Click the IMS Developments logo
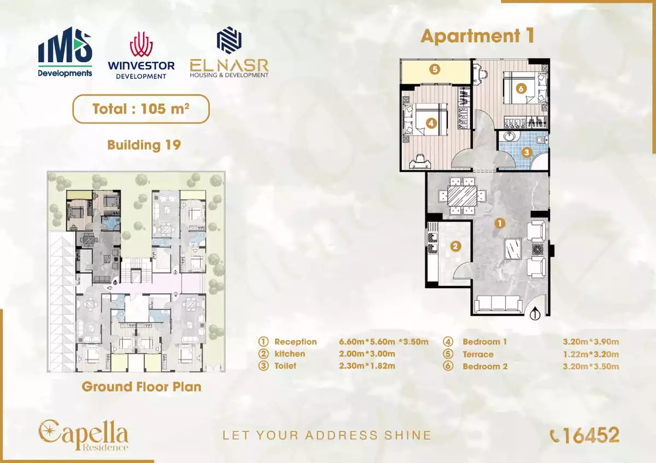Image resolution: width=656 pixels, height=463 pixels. (x=65, y=52)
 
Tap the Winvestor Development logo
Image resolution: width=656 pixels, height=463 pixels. (x=141, y=56)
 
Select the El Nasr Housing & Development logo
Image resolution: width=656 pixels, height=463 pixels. (x=229, y=52)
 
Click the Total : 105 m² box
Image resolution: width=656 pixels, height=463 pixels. (x=141, y=109)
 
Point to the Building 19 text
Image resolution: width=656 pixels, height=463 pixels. (x=144, y=145)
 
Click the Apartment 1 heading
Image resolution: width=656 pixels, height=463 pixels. (x=478, y=36)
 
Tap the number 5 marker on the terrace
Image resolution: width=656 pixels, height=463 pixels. (x=435, y=69)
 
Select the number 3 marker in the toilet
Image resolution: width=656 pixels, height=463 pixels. (x=526, y=152)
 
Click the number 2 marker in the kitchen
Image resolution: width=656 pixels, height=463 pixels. (x=455, y=246)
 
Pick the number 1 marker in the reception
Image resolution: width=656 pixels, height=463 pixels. (x=500, y=223)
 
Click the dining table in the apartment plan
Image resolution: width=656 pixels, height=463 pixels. (x=462, y=196)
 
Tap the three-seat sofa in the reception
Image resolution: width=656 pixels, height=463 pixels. (x=499, y=304)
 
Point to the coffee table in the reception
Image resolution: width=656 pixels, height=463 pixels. (x=513, y=249)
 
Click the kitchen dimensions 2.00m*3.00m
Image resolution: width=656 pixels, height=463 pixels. (x=367, y=354)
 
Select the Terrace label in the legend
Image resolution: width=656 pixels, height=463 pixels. (x=478, y=354)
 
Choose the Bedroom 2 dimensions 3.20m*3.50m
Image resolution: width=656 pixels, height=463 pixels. (x=591, y=366)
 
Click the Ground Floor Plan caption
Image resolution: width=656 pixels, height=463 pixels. (x=142, y=387)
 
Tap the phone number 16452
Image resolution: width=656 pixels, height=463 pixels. (x=591, y=436)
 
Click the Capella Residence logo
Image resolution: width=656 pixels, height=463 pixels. (x=84, y=435)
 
